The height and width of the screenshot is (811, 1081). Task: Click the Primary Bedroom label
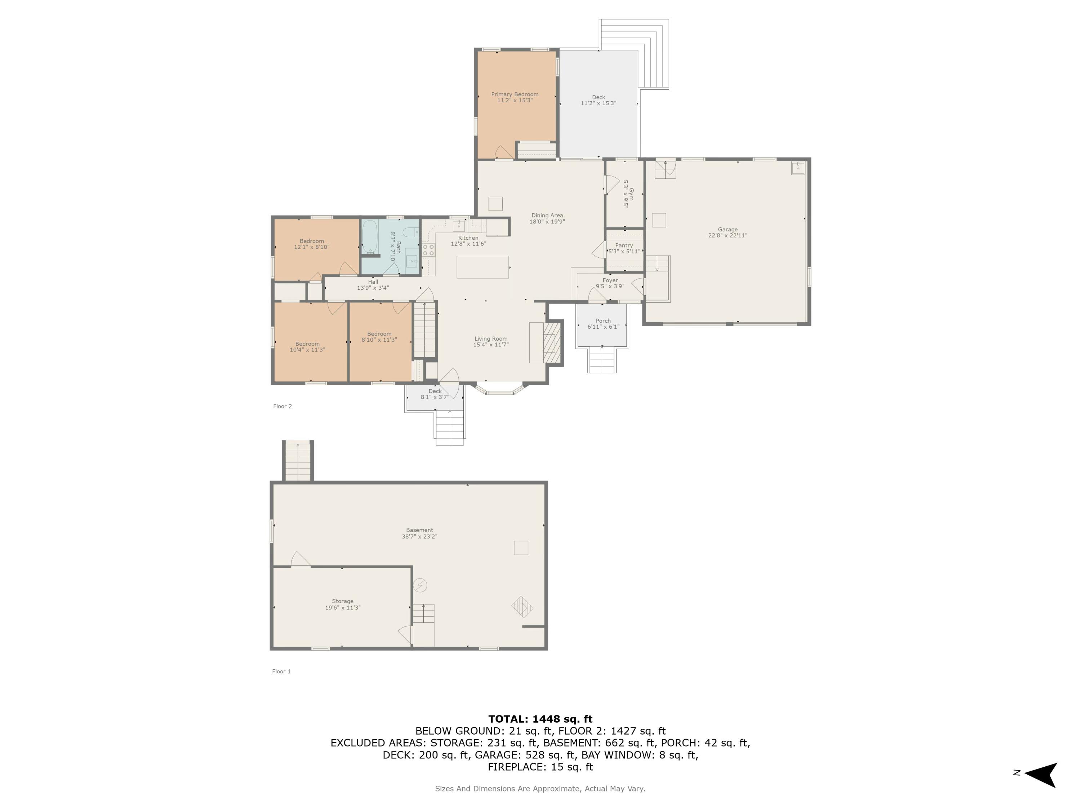click(515, 94)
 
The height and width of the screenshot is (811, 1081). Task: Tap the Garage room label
click(728, 229)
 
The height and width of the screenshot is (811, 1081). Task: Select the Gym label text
click(631, 194)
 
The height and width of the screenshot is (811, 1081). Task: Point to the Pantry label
click(624, 245)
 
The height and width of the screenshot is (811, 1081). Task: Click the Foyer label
click(610, 280)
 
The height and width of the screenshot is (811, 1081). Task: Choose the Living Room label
click(491, 339)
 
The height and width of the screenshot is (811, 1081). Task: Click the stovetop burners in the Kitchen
click(428, 250)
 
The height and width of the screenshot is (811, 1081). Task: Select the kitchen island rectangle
click(483, 267)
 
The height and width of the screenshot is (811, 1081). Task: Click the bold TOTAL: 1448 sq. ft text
click(540, 719)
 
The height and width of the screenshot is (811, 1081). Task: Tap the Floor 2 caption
click(283, 406)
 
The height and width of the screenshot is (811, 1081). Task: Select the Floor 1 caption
click(281, 672)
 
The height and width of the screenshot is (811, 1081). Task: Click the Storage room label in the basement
click(343, 601)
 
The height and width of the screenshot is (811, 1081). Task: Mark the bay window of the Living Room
click(500, 388)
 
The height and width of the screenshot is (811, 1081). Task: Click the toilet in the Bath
click(412, 232)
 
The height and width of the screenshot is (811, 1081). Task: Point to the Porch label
click(603, 321)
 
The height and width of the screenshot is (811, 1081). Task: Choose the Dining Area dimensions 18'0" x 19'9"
click(547, 221)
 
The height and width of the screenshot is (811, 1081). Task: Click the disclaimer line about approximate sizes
click(540, 789)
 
